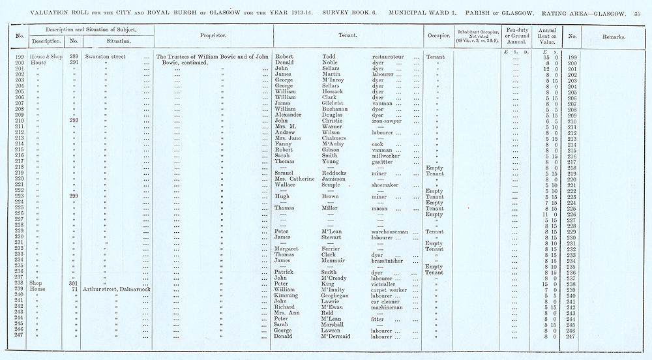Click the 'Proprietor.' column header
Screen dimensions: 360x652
[x=213, y=36]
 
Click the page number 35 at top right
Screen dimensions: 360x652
[x=638, y=13]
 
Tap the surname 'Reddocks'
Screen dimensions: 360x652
[x=338, y=174]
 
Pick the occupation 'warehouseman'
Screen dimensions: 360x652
[x=390, y=232]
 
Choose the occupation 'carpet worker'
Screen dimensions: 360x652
[x=389, y=290]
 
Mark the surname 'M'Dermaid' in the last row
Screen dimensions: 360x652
[x=339, y=336]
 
